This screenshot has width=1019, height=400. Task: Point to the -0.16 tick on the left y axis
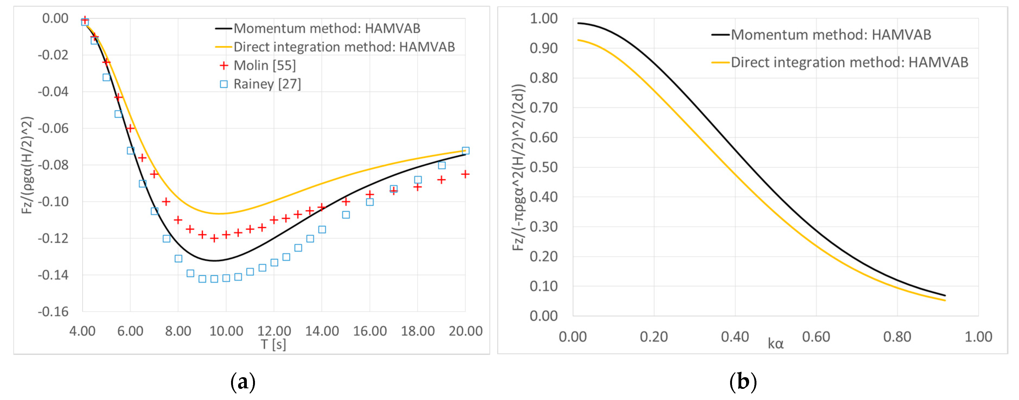[53, 312]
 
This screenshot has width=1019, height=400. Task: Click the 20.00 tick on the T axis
[465, 331]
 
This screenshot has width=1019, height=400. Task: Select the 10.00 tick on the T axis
[226, 331]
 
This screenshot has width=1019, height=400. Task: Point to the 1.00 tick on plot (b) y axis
[544, 18]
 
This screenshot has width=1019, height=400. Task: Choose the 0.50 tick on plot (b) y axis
[544, 167]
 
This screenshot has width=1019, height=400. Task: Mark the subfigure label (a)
[243, 382]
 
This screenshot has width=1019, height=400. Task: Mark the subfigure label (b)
[743, 382]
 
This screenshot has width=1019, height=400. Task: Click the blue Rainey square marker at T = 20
[466, 151]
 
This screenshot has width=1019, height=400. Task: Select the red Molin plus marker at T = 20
[465, 174]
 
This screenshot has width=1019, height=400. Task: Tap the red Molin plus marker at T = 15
[346, 202]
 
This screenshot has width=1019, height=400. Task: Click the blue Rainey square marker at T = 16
[370, 202]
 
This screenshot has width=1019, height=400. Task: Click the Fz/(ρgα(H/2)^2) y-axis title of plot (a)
[27, 165]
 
